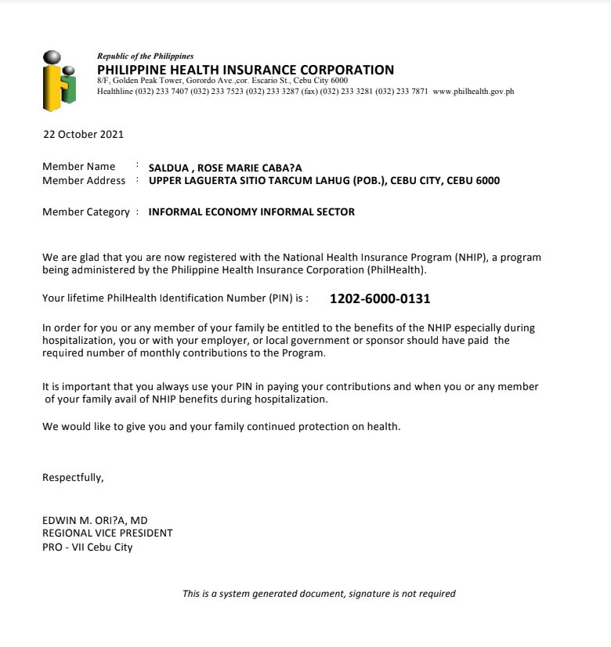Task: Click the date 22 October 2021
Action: tap(83, 135)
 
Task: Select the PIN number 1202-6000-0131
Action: tap(380, 298)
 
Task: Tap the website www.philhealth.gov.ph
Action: tap(473, 92)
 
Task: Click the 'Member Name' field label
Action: tap(78, 167)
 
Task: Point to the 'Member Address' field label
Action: tap(83, 181)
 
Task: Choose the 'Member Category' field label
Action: tap(85, 212)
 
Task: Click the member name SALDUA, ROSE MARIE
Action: tap(225, 168)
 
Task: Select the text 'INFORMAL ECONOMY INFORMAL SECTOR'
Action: tap(251, 212)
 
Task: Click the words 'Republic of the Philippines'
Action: tap(145, 56)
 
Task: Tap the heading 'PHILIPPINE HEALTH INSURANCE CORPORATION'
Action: tap(245, 70)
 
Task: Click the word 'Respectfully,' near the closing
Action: tap(73, 477)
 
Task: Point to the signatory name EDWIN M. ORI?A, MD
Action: tap(95, 520)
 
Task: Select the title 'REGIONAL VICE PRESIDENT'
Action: tap(107, 533)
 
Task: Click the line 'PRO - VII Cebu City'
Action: tap(88, 548)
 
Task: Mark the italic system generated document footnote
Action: tap(319, 594)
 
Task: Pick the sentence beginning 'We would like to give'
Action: tap(221, 427)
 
